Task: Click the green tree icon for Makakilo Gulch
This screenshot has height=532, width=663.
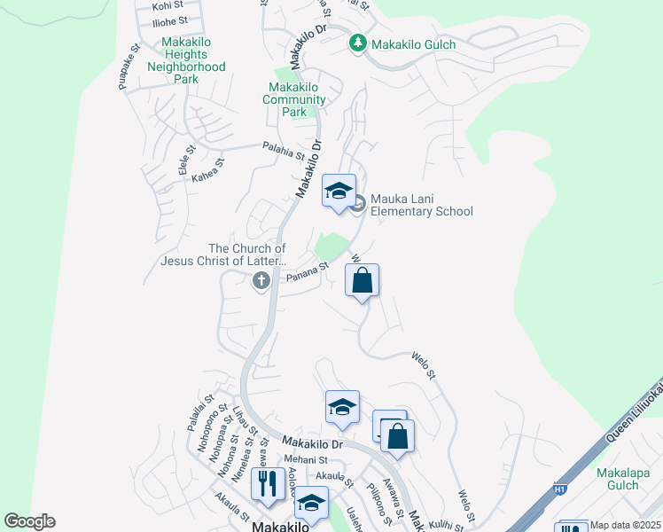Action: pos(357,43)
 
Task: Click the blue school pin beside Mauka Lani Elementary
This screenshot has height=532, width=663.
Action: pos(339,192)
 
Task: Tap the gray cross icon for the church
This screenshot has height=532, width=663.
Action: pos(261,281)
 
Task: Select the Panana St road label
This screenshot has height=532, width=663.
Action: pos(308,271)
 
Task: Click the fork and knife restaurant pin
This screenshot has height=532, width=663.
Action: pos(269,484)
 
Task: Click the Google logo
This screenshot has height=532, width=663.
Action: pos(29,521)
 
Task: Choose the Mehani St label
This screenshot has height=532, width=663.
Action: pos(307,460)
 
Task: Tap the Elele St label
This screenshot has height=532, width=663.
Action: pos(186,163)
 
